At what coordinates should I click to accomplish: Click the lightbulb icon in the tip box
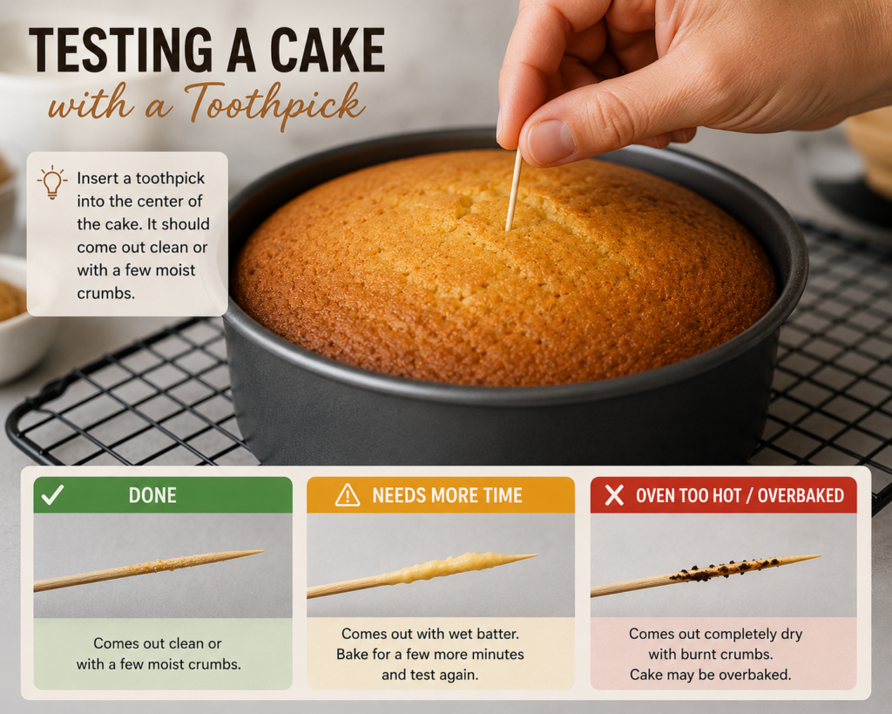tap(51, 182)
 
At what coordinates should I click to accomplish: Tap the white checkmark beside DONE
tap(52, 495)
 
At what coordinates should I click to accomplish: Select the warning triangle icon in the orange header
tap(348, 495)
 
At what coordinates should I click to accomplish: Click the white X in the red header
tap(614, 495)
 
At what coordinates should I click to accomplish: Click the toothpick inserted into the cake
tap(513, 189)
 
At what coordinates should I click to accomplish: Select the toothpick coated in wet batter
tap(422, 574)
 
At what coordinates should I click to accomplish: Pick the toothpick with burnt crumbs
tap(706, 575)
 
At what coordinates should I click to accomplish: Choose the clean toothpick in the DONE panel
tap(148, 570)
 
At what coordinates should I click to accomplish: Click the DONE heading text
tap(152, 495)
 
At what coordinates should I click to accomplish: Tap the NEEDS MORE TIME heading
tap(447, 495)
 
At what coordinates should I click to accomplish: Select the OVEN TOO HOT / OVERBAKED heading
tap(740, 495)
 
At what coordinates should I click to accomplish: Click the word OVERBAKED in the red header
tap(801, 495)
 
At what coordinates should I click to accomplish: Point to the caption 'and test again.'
tap(430, 676)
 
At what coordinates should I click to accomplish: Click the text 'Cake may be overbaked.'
tap(711, 676)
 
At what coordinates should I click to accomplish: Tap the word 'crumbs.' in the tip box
tap(105, 293)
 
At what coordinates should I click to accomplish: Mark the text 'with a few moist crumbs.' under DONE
tap(159, 664)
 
